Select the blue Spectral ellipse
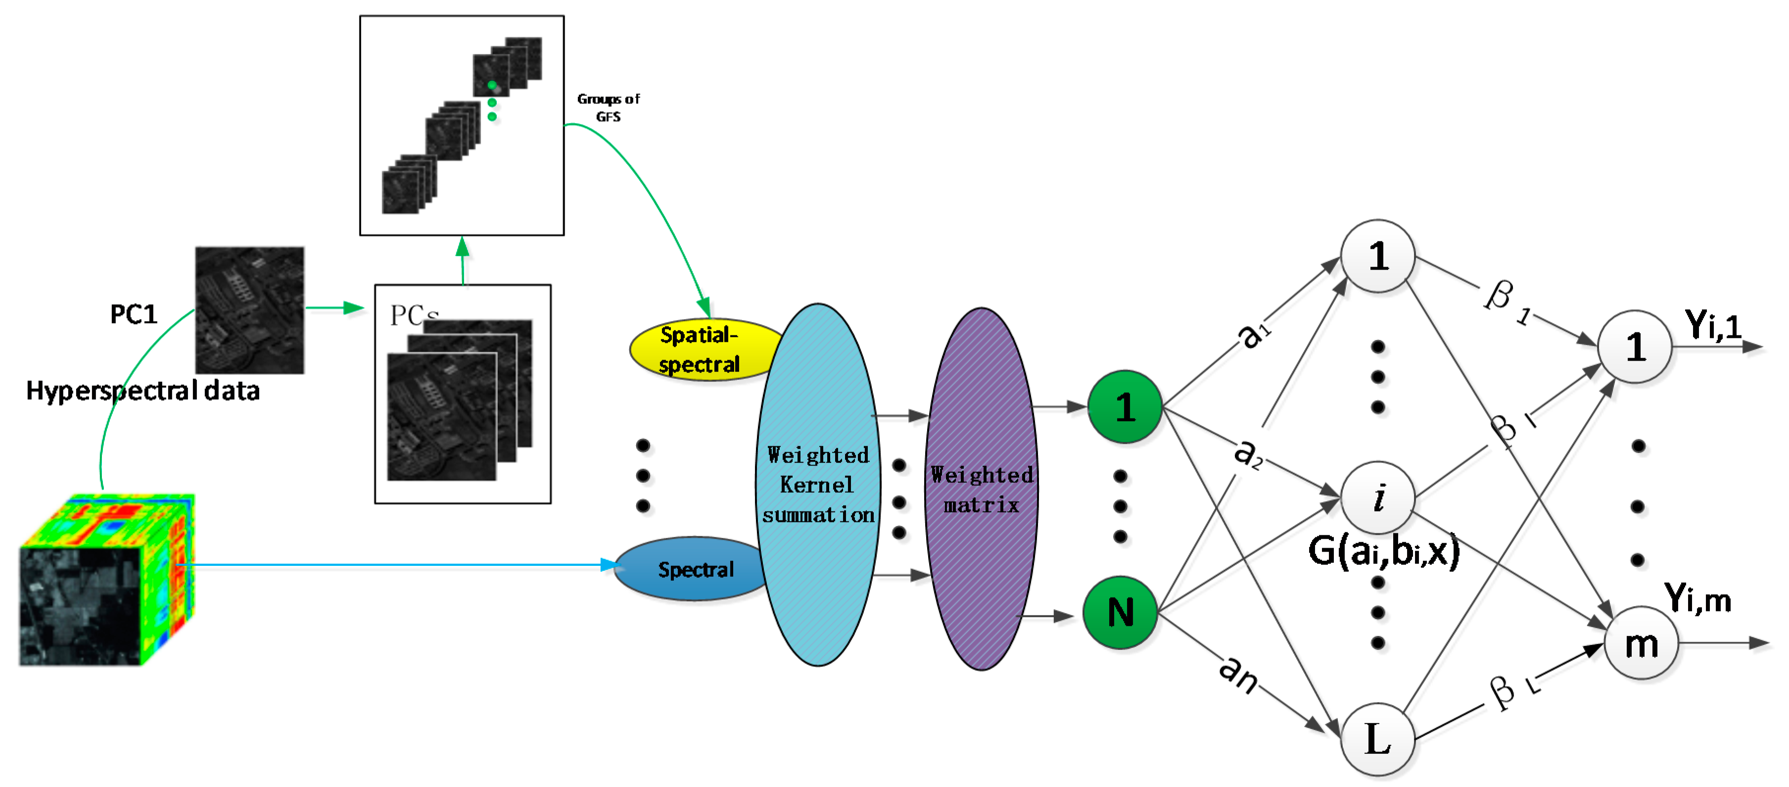point(691,569)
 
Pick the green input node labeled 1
point(1125,407)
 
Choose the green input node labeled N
point(1120,613)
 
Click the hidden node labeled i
point(1378,497)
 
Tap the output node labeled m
point(1641,643)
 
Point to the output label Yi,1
point(1713,324)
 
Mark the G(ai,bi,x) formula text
point(1383,552)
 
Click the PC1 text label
point(134,314)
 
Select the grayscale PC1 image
point(249,310)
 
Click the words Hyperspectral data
point(142,390)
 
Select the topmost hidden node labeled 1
point(1378,256)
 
